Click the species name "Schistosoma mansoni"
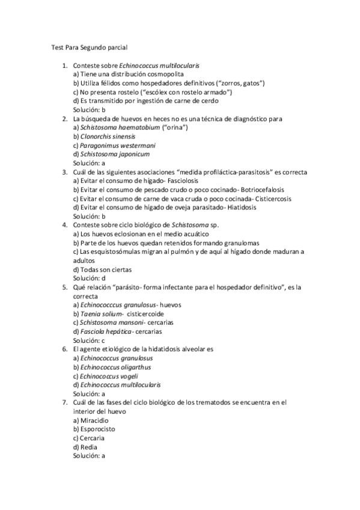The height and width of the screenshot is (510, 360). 110,323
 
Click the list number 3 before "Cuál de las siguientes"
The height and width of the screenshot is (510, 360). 64,172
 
